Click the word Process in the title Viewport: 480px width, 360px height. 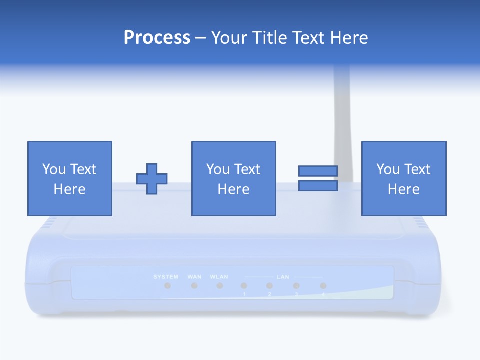coord(157,38)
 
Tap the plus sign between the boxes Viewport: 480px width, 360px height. coord(152,179)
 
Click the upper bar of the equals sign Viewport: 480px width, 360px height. coord(318,171)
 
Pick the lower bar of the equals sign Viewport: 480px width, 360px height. coord(318,186)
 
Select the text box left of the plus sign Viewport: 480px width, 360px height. coord(69,178)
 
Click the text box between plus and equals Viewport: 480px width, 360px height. coord(233,178)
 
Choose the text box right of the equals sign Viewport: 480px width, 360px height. coord(403,178)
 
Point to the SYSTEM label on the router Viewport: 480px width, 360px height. coord(166,277)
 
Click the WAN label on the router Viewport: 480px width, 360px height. coord(194,277)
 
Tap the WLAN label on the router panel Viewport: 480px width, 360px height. coord(219,277)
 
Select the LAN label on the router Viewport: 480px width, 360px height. coord(282,277)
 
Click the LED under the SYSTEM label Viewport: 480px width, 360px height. coord(168,286)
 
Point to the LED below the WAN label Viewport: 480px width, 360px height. coord(194,286)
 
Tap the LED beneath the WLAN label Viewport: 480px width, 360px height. coord(219,286)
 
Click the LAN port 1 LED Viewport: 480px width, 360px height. coord(244,286)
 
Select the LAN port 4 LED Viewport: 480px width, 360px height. coord(323,286)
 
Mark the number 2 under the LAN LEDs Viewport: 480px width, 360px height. coord(269,295)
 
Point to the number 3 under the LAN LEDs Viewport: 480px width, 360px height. coord(296,295)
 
